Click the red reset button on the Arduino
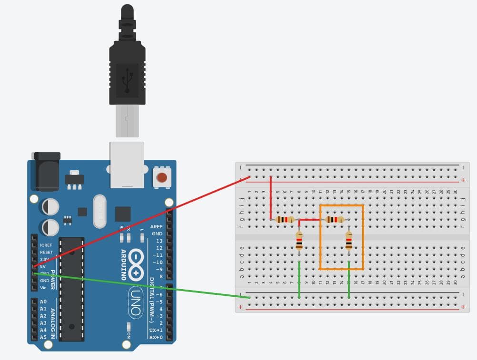(162, 178)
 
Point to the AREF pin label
(156, 227)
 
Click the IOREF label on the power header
(46, 245)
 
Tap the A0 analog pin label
(43, 302)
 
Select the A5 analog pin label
(43, 337)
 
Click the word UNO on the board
(136, 302)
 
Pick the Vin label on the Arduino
(43, 288)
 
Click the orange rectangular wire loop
(363, 238)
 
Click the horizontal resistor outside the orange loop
(285, 220)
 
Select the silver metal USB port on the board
(127, 164)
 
